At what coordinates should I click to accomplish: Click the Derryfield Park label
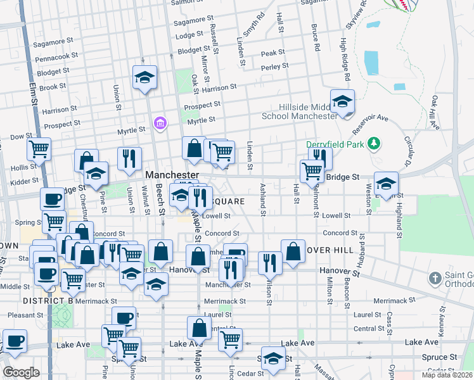pos(336,144)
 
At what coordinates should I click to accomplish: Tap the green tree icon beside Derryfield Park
pos(375,143)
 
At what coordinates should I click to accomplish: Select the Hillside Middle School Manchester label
pos(309,112)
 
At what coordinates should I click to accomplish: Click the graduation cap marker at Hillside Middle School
pos(342,101)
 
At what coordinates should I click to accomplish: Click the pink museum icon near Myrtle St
pos(160,122)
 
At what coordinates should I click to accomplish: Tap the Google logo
pos(22,372)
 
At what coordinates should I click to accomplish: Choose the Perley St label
pos(274,65)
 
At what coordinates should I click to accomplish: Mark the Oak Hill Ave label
pos(435,113)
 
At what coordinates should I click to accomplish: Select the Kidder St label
pos(25,182)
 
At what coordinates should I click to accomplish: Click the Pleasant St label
pos(25,314)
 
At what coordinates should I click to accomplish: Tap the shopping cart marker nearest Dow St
pos(39,150)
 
